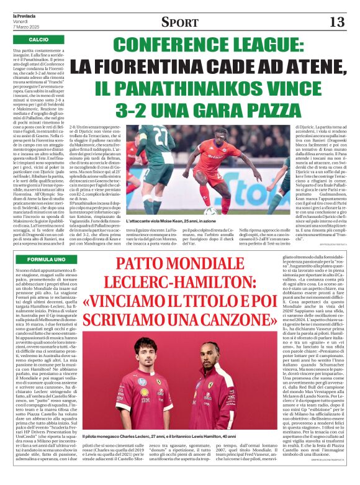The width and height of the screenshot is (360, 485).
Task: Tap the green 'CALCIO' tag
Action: pos(37,39)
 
